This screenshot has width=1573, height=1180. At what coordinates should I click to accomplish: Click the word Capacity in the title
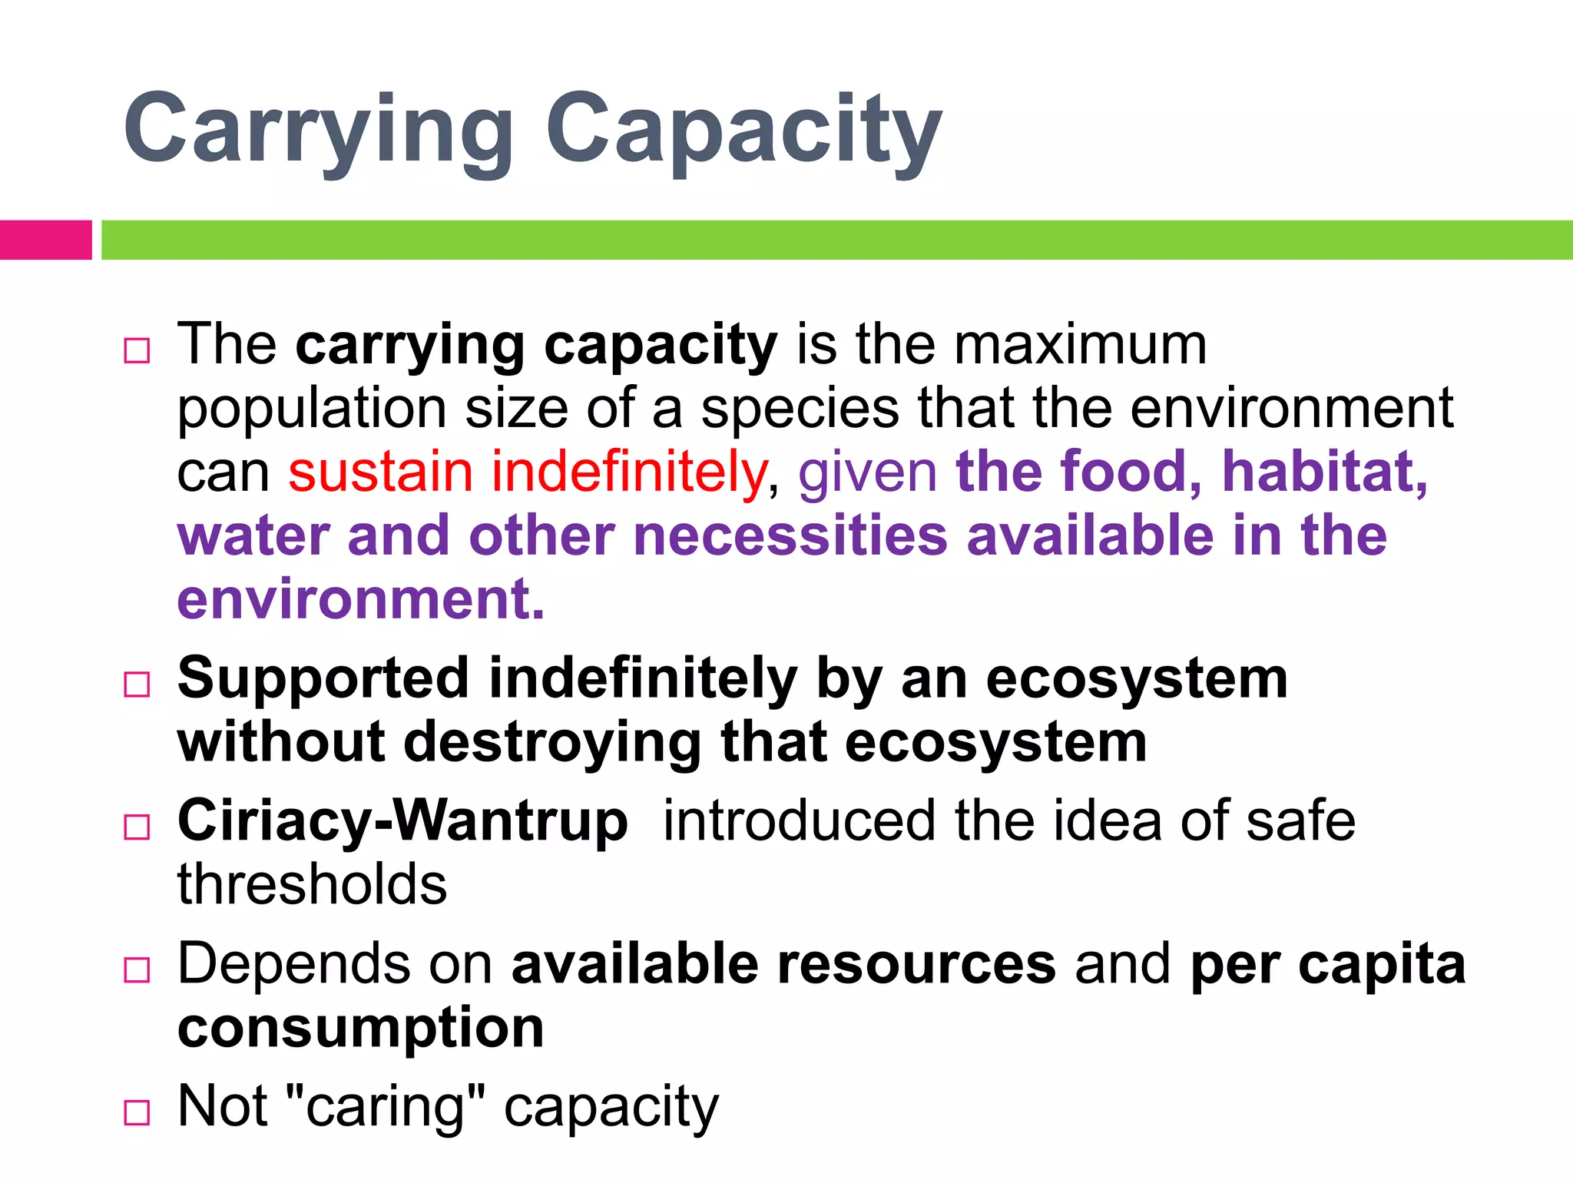click(x=743, y=129)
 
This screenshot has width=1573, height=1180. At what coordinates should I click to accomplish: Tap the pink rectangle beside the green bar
click(x=45, y=240)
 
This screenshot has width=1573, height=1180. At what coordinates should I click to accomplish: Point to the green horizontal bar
click(x=836, y=240)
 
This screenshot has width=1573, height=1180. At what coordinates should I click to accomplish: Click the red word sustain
click(x=380, y=472)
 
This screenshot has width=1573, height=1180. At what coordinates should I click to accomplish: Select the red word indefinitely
click(x=629, y=472)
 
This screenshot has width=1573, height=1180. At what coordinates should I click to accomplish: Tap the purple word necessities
click(x=790, y=535)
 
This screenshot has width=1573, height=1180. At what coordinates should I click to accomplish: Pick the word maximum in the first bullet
click(x=1080, y=344)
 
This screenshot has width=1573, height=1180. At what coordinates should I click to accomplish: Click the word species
click(x=800, y=408)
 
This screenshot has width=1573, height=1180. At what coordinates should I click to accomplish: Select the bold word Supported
click(x=323, y=679)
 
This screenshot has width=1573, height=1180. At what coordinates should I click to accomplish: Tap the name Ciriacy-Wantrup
click(x=402, y=821)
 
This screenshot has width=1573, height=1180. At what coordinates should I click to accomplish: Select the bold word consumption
click(x=361, y=1028)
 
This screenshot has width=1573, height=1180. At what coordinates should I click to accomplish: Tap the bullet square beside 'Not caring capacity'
click(x=137, y=1112)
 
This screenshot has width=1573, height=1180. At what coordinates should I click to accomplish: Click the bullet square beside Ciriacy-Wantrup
click(x=137, y=827)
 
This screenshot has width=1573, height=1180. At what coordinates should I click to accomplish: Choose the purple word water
click(x=253, y=535)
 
